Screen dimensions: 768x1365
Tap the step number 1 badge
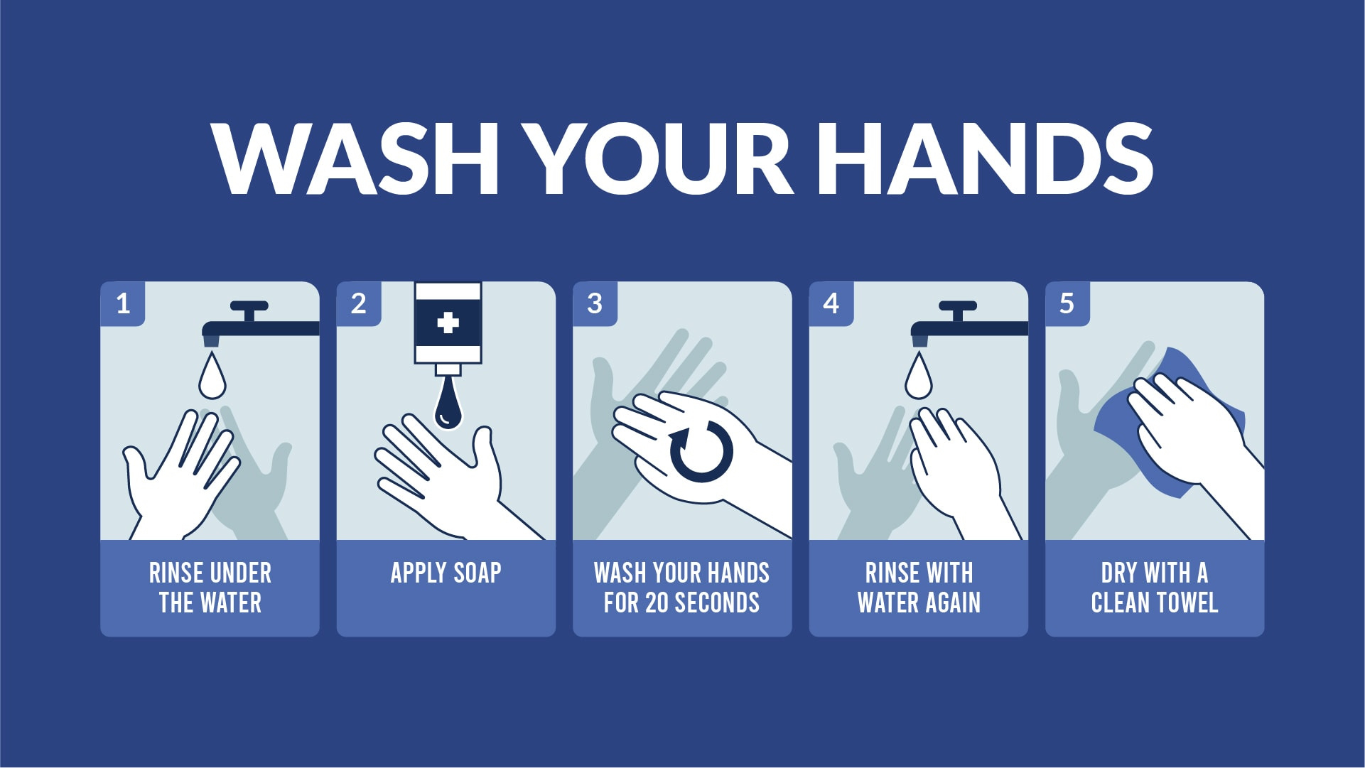coord(123,303)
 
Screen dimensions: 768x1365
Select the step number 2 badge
coord(359,303)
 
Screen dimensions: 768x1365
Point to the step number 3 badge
coord(595,303)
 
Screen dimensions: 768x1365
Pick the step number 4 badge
coord(831,303)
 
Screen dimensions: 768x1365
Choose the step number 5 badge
coord(1067,303)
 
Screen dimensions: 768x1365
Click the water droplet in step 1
coord(212,377)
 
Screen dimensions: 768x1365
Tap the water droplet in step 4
coord(918,377)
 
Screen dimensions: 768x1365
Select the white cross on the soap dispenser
coord(448,323)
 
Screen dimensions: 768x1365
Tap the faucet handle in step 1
coord(249,307)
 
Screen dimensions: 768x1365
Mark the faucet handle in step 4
coord(957,307)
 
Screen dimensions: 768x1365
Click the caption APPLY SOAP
coord(446,573)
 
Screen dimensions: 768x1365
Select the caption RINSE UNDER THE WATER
coord(210,588)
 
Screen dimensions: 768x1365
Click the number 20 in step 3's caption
coord(657,602)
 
